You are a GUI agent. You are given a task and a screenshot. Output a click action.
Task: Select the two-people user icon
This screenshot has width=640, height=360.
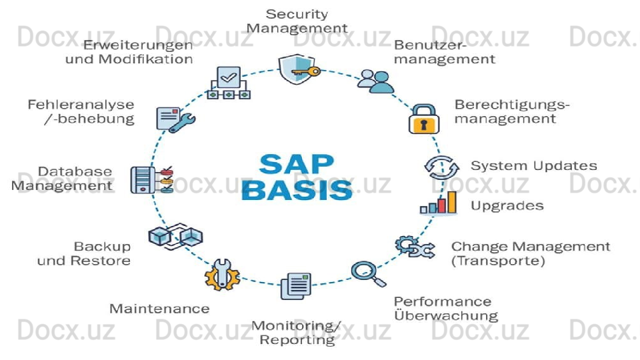pos(375,81)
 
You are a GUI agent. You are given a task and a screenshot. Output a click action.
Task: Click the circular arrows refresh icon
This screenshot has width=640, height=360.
pos(441,167)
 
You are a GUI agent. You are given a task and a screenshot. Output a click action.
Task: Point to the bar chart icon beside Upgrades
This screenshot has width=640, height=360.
pos(439,203)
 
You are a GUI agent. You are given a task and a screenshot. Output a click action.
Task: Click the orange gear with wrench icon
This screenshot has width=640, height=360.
pos(221,274)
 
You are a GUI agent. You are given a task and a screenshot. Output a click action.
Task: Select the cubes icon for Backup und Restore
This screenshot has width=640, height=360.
pos(175,237)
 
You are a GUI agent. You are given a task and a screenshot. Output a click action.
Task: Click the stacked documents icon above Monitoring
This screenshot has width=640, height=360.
pos(296,286)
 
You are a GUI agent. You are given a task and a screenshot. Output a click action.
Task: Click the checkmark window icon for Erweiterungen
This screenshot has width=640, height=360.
pos(229,83)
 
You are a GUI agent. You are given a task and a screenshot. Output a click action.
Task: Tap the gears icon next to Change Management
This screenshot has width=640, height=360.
pos(415,247)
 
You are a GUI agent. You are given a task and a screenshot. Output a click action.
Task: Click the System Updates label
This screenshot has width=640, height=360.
pos(533,165)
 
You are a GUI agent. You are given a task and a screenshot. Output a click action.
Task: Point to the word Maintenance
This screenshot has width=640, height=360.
pos(159,309)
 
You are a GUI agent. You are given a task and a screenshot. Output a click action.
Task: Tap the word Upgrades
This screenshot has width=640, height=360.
pos(507,205)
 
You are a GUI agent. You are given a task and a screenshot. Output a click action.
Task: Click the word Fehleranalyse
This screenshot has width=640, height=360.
pos(81,105)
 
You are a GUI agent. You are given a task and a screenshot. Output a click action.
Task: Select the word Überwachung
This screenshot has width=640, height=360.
pos(446,315)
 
